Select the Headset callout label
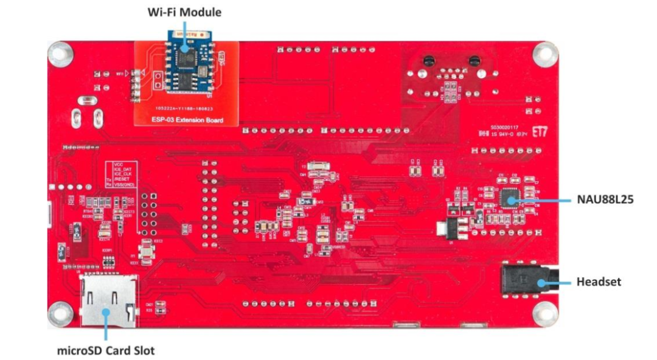[598, 282]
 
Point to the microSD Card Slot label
[106, 350]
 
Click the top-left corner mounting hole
[59, 54]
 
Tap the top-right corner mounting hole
[544, 54]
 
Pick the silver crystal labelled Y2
[317, 166]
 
